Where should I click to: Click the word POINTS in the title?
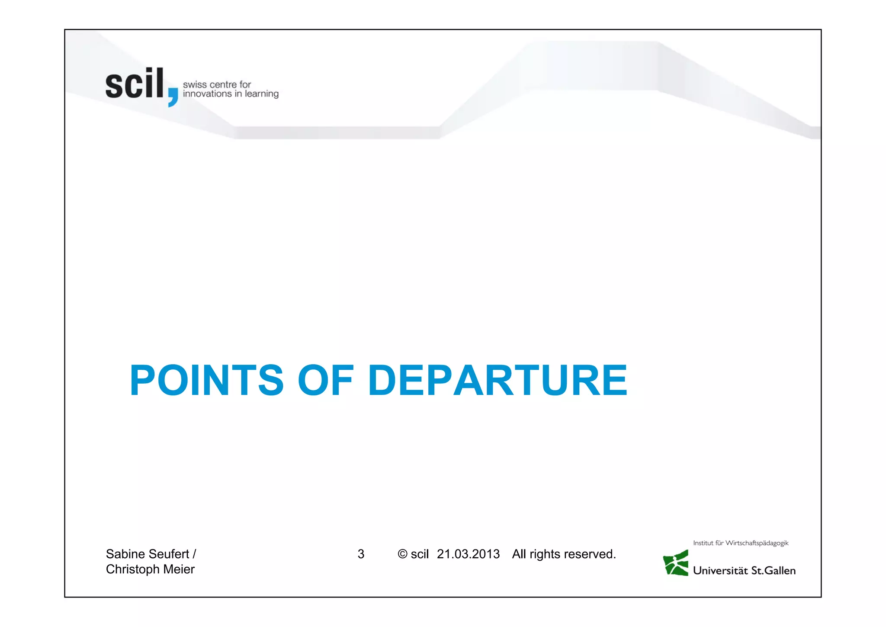coord(207,380)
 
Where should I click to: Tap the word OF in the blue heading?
coord(325,380)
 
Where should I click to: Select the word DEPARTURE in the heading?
coord(498,380)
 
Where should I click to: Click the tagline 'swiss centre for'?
coord(217,84)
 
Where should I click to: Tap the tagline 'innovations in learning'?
coord(231,94)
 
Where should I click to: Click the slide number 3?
coord(361,554)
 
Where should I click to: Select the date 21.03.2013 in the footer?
coord(468,554)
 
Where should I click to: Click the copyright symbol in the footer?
coord(402,554)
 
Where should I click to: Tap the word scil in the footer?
coord(419,554)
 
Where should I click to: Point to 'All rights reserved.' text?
coord(564,554)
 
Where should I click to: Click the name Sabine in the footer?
coord(125,554)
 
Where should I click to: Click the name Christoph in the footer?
coord(132,569)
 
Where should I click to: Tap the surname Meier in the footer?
coord(179,569)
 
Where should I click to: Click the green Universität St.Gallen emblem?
coord(676,563)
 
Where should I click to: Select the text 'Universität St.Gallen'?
coord(744,571)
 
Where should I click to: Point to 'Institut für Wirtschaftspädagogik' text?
coord(741,543)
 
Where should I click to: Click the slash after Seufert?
coord(194,554)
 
